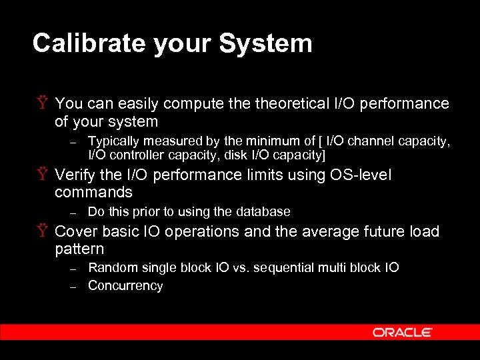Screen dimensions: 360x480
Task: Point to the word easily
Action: [x=137, y=103]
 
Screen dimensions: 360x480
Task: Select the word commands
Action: [x=93, y=193]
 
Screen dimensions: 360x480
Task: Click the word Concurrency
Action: [x=125, y=286]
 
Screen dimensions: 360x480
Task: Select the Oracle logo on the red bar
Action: [x=403, y=332]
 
